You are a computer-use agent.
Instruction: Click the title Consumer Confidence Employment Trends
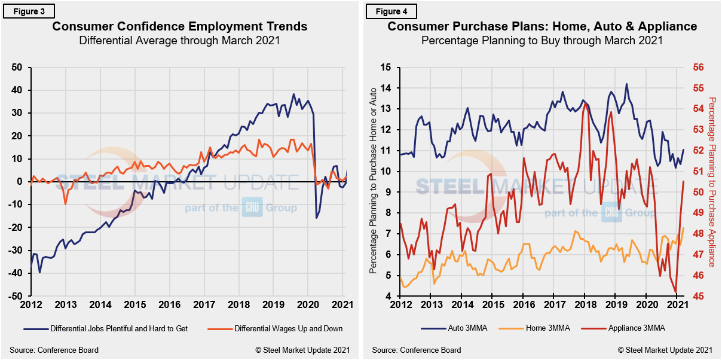(x=180, y=26)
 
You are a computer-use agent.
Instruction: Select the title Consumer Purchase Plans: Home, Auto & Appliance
(x=542, y=26)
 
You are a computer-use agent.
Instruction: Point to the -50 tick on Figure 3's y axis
(x=18, y=296)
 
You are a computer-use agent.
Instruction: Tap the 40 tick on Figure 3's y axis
(x=19, y=90)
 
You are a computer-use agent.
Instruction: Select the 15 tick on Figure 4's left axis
(x=385, y=68)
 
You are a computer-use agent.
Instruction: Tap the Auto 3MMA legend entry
(x=452, y=328)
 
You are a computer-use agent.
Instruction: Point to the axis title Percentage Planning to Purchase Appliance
(x=712, y=182)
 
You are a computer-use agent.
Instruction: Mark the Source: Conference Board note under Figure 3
(x=54, y=350)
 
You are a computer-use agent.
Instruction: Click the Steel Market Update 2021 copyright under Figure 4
(x=665, y=350)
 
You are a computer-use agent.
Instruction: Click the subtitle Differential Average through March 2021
(x=180, y=41)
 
